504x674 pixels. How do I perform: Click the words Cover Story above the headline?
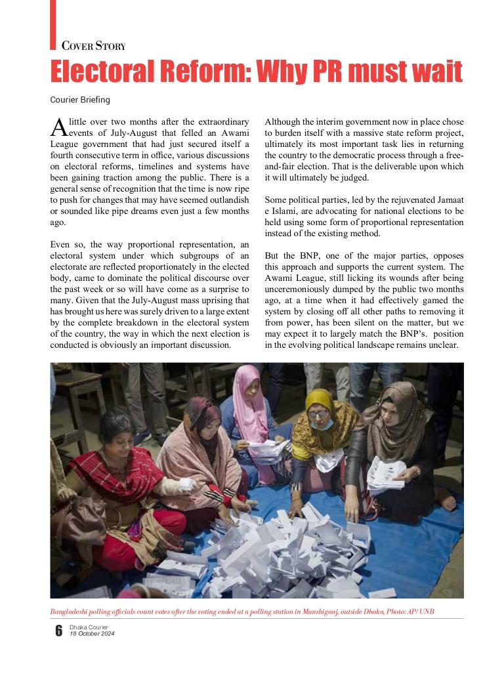click(93, 46)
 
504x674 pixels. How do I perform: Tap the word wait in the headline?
click(433, 72)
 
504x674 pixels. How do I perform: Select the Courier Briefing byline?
click(80, 100)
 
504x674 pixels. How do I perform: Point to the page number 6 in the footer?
click(58, 631)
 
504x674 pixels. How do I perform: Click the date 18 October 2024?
click(92, 633)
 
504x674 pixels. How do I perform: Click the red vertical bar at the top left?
click(52, 24)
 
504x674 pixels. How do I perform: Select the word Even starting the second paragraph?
click(60, 244)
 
